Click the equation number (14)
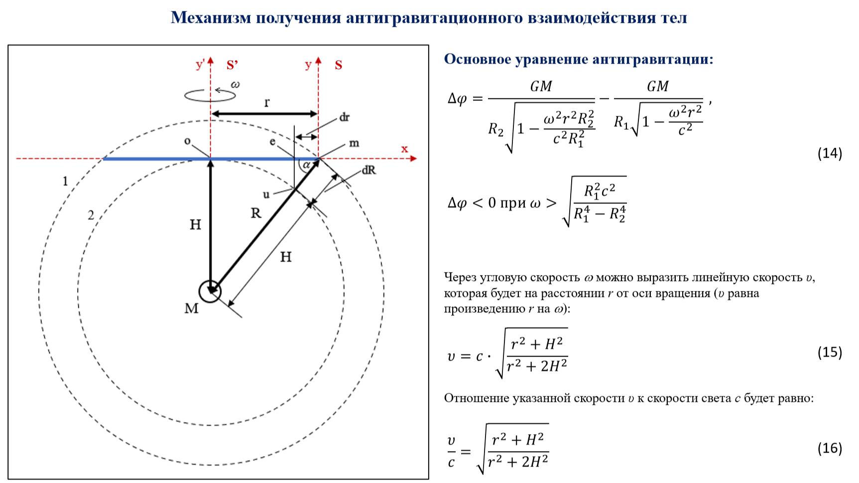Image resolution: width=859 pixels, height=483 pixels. tap(830, 153)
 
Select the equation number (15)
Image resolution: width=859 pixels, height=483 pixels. tap(830, 352)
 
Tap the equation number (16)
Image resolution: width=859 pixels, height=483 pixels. tap(830, 448)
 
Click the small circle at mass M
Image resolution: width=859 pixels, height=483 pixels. tap(210, 291)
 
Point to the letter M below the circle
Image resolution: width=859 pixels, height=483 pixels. tap(191, 309)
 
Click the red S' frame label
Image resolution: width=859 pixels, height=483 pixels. tap(232, 65)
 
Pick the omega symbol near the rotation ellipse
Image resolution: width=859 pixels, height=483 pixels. tap(235, 85)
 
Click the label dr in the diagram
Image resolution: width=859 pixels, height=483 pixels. tap(344, 117)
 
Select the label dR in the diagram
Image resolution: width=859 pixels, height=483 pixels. tap(369, 170)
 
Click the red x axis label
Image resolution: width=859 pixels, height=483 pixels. tap(404, 149)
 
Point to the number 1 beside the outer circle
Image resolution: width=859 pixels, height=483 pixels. tap(65, 181)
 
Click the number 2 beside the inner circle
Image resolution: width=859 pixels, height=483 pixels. tap(91, 215)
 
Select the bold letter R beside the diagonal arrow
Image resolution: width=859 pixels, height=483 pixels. tap(256, 213)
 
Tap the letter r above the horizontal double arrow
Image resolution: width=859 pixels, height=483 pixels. tap(267, 102)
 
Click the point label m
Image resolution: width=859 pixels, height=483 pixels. tap(354, 143)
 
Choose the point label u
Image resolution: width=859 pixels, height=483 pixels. tap(266, 194)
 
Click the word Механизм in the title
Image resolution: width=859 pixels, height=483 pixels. tap(211, 18)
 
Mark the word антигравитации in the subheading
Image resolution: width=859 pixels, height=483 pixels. tap(652, 59)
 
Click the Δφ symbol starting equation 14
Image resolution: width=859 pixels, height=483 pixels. tap(457, 98)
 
